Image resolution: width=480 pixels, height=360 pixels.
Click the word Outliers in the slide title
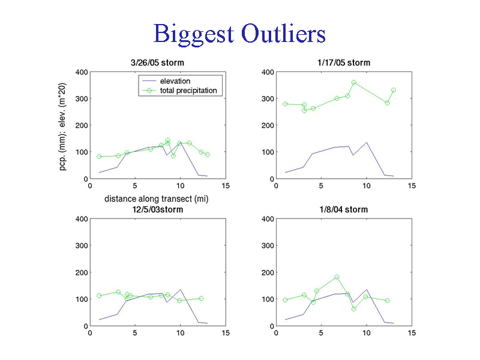[283, 34]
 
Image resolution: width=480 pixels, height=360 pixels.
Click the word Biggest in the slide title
[194, 35]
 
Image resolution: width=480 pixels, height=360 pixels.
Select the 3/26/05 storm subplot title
[157, 63]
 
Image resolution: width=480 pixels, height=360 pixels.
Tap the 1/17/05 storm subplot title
[344, 63]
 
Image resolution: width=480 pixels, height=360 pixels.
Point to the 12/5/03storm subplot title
[158, 209]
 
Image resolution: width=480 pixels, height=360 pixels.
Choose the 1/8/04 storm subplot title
[344, 209]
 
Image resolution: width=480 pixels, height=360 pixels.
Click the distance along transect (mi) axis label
[157, 199]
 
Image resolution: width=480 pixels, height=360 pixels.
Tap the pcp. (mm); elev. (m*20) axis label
[62, 127]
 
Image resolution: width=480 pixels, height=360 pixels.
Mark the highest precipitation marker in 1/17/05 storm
[354, 82]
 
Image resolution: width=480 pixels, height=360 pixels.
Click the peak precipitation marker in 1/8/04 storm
[337, 277]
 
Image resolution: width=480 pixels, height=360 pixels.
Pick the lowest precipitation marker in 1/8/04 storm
[354, 309]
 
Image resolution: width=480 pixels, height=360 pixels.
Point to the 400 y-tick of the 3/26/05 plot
[82, 72]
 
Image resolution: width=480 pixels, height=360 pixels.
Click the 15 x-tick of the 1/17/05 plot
[412, 186]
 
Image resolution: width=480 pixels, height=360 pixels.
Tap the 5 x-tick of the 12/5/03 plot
[135, 333]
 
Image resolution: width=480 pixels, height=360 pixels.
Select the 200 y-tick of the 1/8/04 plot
[268, 272]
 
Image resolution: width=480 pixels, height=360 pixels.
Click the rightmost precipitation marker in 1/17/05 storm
[394, 91]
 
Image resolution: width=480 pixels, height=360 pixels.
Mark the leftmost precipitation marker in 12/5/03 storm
[99, 296]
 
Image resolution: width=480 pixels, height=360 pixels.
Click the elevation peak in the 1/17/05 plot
[367, 142]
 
